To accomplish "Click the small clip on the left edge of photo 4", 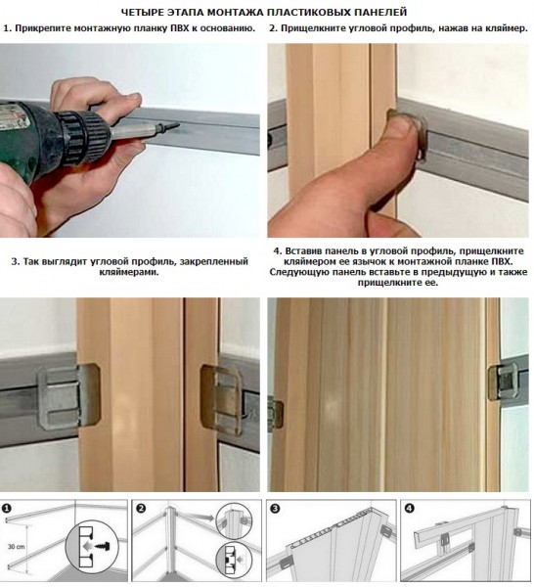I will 276,411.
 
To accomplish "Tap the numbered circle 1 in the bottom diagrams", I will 8,509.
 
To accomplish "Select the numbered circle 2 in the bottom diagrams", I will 141,509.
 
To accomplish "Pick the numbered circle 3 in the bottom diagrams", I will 275,509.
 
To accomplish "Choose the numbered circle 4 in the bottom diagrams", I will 409,509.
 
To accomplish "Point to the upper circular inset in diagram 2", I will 232,520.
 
